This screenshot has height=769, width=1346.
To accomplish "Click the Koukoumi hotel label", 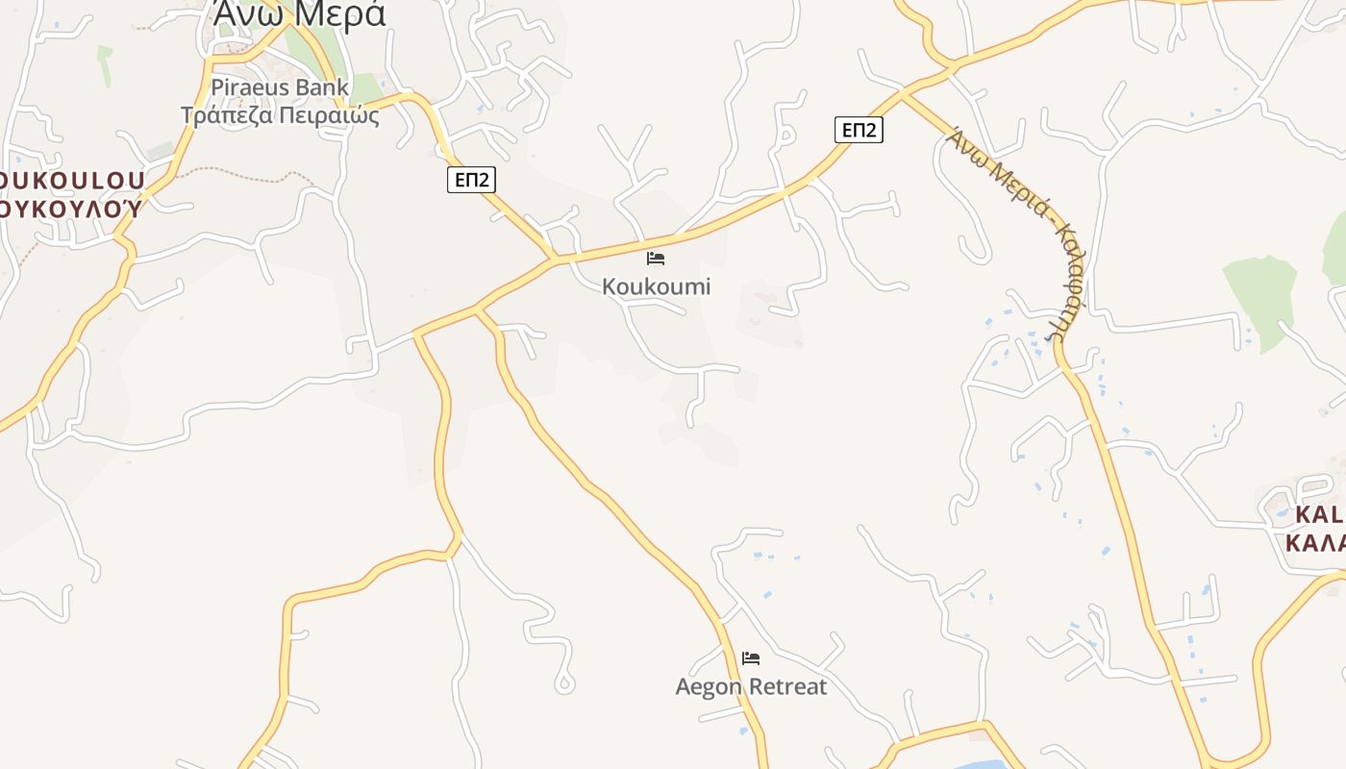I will pyautogui.click(x=656, y=286).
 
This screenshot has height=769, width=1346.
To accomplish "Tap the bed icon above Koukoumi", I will pyautogui.click(x=656, y=258).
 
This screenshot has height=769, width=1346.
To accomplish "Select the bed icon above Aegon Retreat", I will pyautogui.click(x=751, y=658).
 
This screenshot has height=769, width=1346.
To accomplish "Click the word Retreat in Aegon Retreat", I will pyautogui.click(x=787, y=686).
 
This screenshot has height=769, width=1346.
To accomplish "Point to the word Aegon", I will pyautogui.click(x=709, y=686).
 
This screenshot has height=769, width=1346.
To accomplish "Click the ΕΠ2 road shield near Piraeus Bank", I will pyautogui.click(x=471, y=179).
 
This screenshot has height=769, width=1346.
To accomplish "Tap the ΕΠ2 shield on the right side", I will pyautogui.click(x=859, y=130).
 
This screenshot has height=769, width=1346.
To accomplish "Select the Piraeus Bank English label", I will pyautogui.click(x=280, y=87).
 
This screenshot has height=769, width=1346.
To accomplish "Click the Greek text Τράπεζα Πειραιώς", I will pyautogui.click(x=280, y=116).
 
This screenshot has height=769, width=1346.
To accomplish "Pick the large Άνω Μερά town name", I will pyautogui.click(x=299, y=15).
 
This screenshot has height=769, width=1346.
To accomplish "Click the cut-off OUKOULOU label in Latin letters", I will pyautogui.click(x=73, y=181).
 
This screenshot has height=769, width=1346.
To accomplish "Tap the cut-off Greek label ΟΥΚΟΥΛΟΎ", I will pyautogui.click(x=71, y=208).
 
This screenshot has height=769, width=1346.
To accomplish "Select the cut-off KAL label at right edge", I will pyautogui.click(x=1318, y=514).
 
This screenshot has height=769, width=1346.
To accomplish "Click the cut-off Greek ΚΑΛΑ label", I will pyautogui.click(x=1315, y=542).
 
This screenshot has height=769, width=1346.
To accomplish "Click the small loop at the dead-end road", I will pyautogui.click(x=564, y=684).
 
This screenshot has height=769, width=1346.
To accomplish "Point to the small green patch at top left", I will pyautogui.click(x=104, y=62).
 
